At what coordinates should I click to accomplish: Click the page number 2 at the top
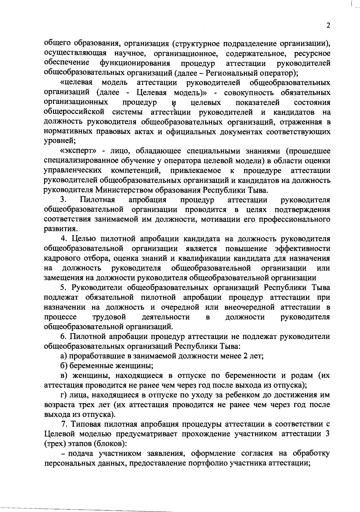(328, 26)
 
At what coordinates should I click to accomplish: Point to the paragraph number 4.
(63, 239)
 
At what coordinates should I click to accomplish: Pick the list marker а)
(63, 356)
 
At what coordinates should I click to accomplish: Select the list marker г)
(63, 395)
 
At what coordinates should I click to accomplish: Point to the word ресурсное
(312, 53)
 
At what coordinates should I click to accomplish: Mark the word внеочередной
(249, 308)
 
